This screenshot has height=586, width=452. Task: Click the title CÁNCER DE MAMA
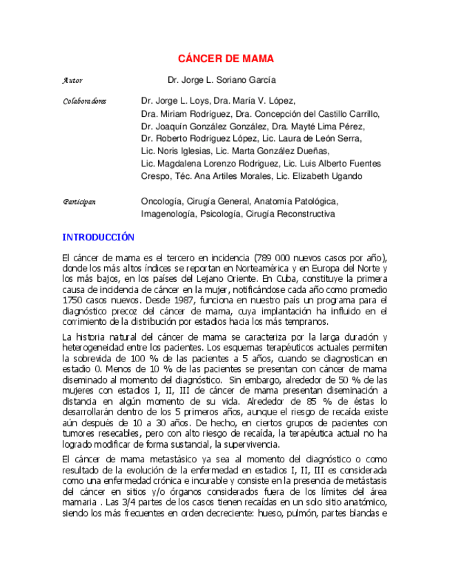coord(226,59)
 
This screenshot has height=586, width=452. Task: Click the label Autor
coord(72,81)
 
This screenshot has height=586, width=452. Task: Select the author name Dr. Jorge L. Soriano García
coord(222,80)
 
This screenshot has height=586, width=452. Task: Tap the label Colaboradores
coord(85,101)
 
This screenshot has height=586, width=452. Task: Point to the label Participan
coord(79,201)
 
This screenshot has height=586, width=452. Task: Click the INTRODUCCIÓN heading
coord(98,237)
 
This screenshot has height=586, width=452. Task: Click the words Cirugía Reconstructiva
coord(291,214)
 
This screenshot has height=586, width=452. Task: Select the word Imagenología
coord(168,214)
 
